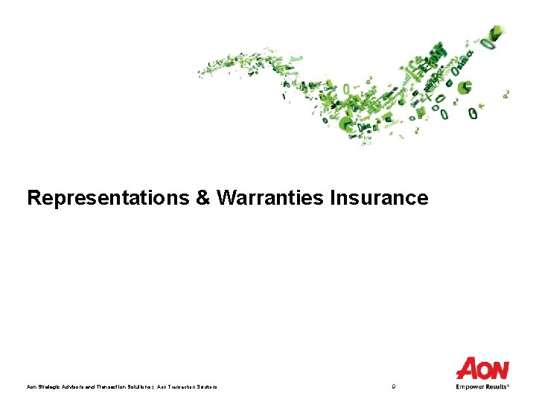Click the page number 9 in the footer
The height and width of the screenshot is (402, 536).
pyautogui.click(x=393, y=386)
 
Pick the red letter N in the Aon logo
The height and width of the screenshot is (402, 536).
pyautogui.click(x=500, y=369)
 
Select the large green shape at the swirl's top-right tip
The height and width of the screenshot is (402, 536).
pyautogui.click(x=494, y=34)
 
